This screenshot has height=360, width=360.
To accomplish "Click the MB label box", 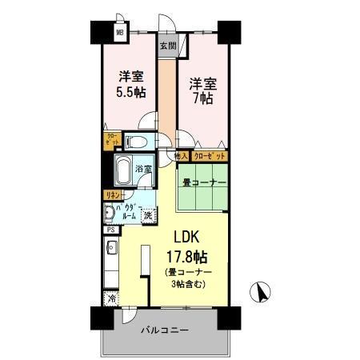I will pyautogui.click(x=119, y=34).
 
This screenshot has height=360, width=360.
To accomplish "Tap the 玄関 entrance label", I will pyautogui.click(x=167, y=46).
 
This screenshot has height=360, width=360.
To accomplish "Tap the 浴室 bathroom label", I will pyautogui.click(x=145, y=170).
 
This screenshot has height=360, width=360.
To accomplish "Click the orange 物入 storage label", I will pyautogui.click(x=182, y=156).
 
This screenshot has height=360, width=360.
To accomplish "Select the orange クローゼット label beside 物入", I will pyautogui.click(x=207, y=156).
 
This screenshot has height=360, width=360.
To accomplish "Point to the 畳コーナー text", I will pyautogui.click(x=205, y=182).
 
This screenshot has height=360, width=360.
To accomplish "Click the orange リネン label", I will pyautogui.click(x=110, y=194).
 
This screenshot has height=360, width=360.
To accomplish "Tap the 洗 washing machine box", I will pyautogui.click(x=149, y=215).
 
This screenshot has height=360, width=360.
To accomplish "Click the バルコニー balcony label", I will pyautogui.click(x=165, y=329).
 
